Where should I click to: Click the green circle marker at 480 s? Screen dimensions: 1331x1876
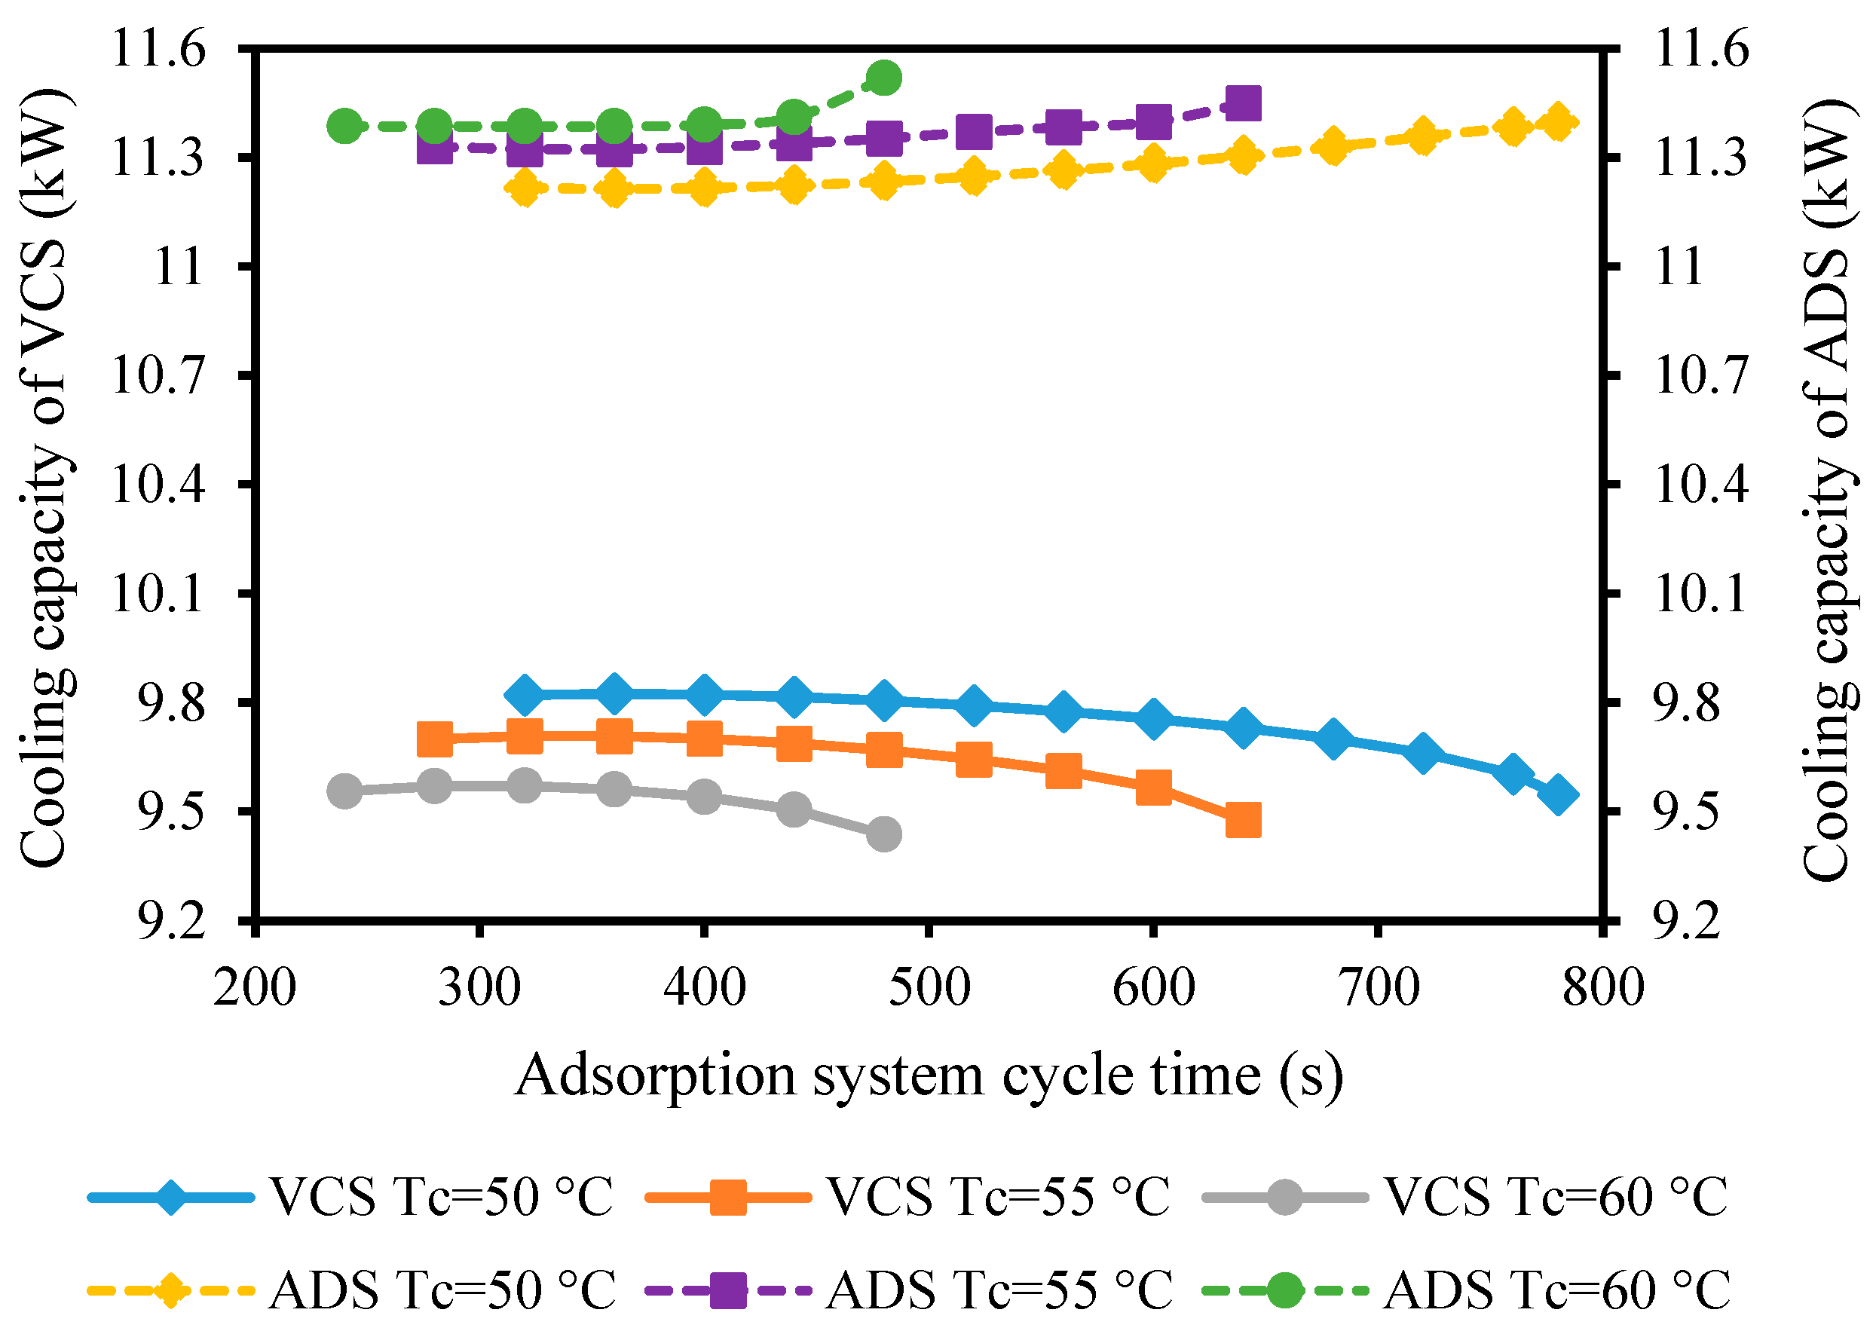tap(883, 78)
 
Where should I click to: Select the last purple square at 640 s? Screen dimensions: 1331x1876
tap(1242, 104)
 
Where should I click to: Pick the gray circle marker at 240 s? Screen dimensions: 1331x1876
tap(344, 791)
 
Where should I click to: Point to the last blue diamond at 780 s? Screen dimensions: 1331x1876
tap(1558, 796)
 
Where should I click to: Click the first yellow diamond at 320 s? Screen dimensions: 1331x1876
tap(525, 188)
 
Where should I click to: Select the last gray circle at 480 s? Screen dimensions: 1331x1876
tap(883, 834)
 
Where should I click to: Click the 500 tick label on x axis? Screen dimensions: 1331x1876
tap(929, 988)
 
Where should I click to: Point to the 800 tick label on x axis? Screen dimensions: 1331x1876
tap(1602, 988)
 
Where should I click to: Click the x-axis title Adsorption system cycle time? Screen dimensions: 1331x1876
tap(929, 1076)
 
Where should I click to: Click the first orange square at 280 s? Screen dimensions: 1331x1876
tap(434, 739)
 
